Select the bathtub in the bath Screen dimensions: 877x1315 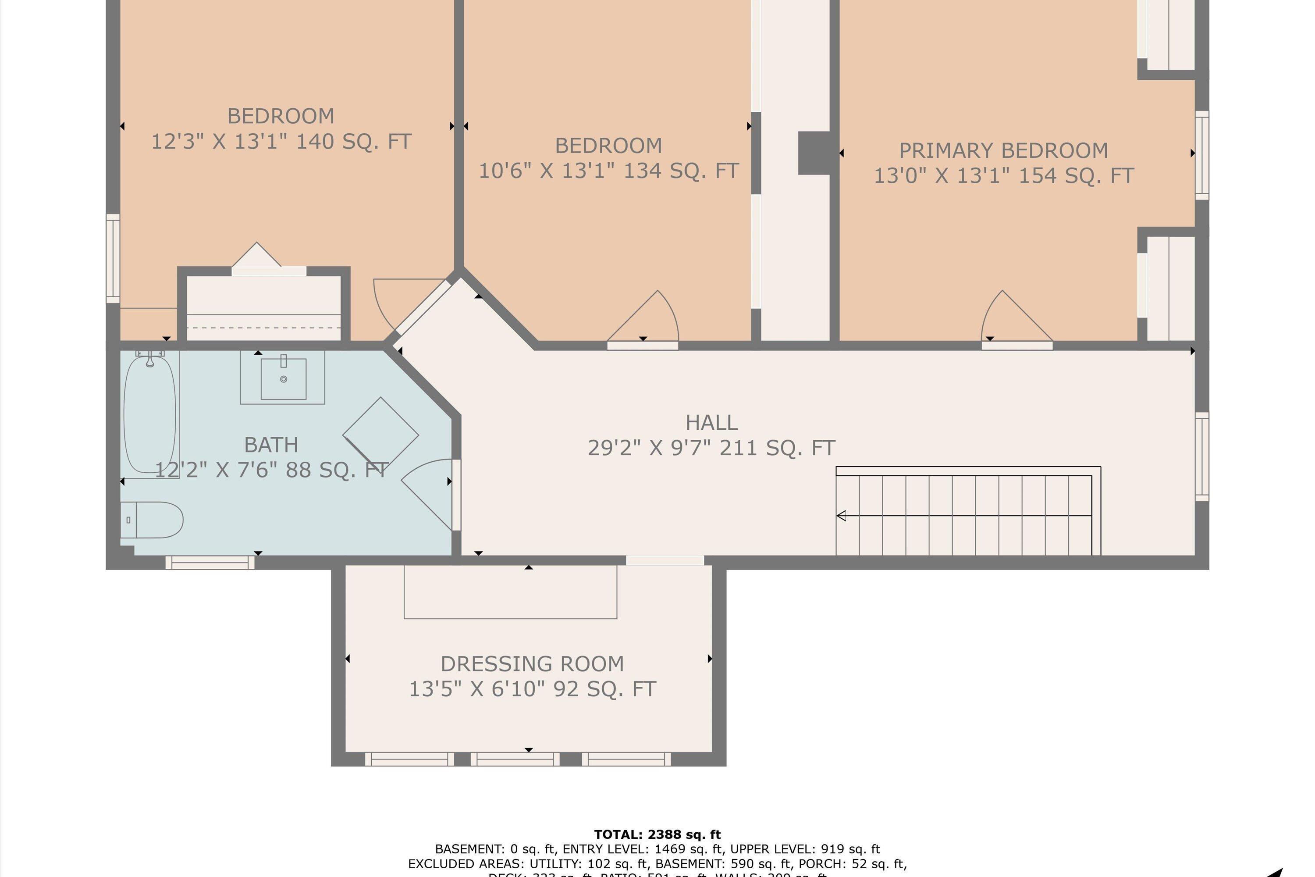click(149, 414)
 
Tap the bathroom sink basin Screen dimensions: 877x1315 click(284, 379)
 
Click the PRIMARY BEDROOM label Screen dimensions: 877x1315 click(1003, 150)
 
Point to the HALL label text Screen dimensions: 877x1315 click(711, 422)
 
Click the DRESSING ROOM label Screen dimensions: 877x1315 click(532, 664)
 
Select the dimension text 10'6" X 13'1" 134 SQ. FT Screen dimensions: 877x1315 click(608, 171)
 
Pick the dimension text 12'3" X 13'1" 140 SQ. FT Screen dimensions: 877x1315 click(281, 141)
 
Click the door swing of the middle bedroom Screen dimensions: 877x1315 click(649, 319)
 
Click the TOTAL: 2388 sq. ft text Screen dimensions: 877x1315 click(657, 834)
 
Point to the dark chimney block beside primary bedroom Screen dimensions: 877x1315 click(814, 153)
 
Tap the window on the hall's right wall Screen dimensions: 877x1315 click(1201, 456)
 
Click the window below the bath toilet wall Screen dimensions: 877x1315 click(210, 562)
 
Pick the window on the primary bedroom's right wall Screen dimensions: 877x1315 click(1201, 155)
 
